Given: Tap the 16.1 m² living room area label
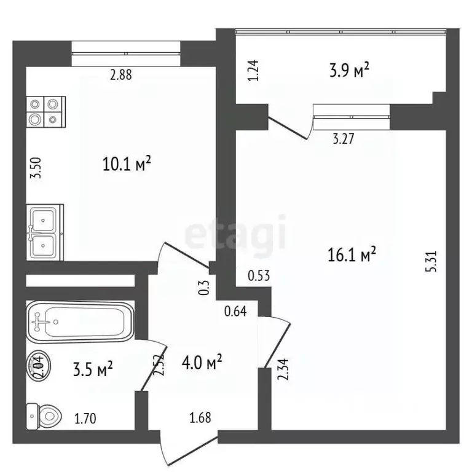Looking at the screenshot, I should click(x=352, y=254).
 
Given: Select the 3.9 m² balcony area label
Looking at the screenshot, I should click(x=348, y=71).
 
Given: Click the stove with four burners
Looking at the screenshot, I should click(x=45, y=112).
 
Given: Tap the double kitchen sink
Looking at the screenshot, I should click(x=44, y=231).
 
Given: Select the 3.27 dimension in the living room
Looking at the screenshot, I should click(x=343, y=139).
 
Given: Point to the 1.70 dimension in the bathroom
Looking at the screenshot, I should click(x=85, y=419).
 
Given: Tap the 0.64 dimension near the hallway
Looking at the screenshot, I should click(x=235, y=310).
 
